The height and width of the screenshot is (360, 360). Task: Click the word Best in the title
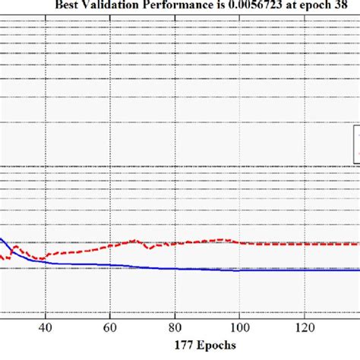[x=68, y=7]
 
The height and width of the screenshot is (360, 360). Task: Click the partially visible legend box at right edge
[x=356, y=144]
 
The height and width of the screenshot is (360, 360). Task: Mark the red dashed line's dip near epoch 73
[x=150, y=248]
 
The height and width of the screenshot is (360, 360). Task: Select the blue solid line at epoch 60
[x=109, y=265]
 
